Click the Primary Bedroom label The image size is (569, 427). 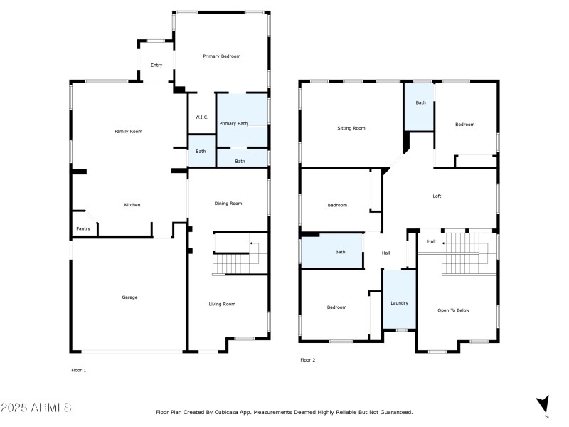(221, 56)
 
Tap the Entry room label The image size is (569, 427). (156, 65)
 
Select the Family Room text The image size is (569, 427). (129, 132)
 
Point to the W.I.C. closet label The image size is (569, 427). (201, 117)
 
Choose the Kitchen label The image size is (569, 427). (132, 205)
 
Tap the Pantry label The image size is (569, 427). (83, 228)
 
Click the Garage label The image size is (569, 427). (129, 297)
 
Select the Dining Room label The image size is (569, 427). (228, 204)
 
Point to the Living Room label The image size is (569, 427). (222, 304)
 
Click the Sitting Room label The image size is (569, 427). (351, 128)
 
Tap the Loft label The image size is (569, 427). (437, 196)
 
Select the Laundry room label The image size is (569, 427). (399, 303)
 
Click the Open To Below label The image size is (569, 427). (454, 310)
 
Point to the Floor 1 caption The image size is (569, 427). (78, 370)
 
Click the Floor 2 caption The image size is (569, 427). (307, 360)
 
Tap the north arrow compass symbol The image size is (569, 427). (543, 404)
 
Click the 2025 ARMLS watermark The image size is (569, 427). (36, 408)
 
